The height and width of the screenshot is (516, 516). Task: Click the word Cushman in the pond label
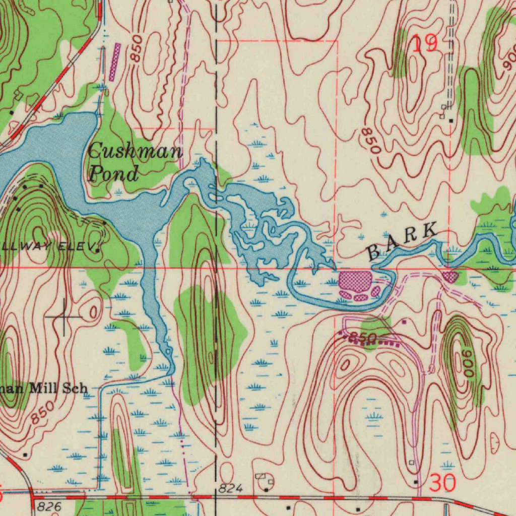click(135, 152)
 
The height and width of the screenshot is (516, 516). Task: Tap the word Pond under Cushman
click(114, 174)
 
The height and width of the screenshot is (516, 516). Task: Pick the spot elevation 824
click(231, 488)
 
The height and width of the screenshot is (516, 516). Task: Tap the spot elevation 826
click(49, 505)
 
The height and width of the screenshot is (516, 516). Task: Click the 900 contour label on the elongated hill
click(465, 362)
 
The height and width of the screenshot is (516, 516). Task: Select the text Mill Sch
click(58, 388)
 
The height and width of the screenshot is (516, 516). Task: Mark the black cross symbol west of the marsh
click(64, 316)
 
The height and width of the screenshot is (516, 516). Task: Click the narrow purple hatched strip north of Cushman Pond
click(114, 61)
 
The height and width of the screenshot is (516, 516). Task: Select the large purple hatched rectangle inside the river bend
click(355, 281)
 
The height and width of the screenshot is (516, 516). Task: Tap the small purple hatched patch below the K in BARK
click(450, 276)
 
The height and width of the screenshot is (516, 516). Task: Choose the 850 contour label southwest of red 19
click(370, 141)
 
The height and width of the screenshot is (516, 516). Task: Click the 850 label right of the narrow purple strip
click(136, 49)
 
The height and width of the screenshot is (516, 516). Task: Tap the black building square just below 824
click(266, 489)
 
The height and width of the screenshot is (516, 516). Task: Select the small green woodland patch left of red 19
click(400, 53)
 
